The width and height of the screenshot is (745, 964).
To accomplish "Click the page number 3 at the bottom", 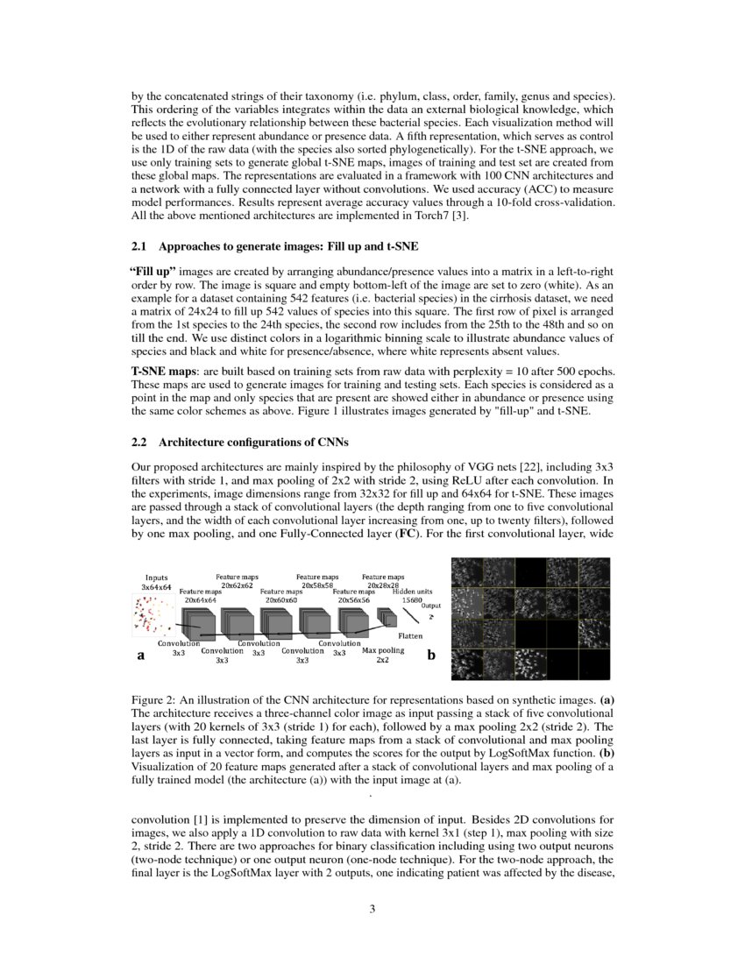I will (372, 909).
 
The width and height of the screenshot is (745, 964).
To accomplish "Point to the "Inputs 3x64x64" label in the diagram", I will (157, 582).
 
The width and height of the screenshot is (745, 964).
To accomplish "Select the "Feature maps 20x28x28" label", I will (382, 580).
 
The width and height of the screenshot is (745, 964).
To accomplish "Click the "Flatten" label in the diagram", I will (411, 635).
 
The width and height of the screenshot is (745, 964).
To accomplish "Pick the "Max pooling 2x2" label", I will (383, 656).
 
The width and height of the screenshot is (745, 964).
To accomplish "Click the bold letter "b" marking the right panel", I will (431, 655).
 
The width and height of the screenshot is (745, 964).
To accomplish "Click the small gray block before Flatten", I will (386, 620).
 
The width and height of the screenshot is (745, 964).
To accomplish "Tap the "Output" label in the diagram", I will (431, 606).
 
